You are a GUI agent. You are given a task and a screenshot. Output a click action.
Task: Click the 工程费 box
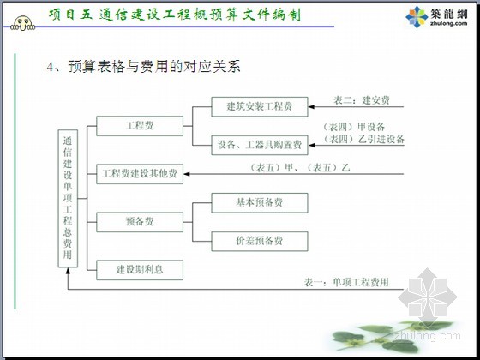[140, 126]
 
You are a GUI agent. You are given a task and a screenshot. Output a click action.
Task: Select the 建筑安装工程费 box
[260, 107]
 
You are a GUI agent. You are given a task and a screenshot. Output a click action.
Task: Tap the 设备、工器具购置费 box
[260, 145]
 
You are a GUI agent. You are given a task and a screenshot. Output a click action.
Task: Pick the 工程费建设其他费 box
[140, 174]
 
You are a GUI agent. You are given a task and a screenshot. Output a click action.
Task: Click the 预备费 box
[140, 222]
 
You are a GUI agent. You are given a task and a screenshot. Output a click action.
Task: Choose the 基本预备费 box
[260, 202]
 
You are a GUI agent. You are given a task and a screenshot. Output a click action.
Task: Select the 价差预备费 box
[260, 241]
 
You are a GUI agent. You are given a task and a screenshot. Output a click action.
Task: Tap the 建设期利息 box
[140, 270]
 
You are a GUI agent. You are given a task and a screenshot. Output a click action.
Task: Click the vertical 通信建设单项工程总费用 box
[68, 198]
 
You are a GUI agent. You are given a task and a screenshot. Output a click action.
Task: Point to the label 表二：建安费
[362, 100]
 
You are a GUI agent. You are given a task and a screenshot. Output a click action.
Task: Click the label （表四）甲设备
[354, 127]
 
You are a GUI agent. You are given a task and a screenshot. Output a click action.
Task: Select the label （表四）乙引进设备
[364, 139]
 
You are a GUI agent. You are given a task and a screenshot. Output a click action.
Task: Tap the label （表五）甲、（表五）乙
[300, 168]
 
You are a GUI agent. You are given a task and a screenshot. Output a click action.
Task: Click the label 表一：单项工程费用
[346, 282]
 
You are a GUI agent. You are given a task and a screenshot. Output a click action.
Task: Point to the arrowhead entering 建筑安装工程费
[311, 107]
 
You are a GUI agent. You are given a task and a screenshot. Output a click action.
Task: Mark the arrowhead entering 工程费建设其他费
[187, 174]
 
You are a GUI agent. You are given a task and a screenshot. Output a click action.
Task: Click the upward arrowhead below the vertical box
[68, 271]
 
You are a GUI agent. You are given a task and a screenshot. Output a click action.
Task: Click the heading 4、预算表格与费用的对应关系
[143, 67]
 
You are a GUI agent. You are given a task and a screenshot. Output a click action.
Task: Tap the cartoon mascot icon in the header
[23, 24]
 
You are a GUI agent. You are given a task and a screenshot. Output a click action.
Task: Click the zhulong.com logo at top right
[436, 17]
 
